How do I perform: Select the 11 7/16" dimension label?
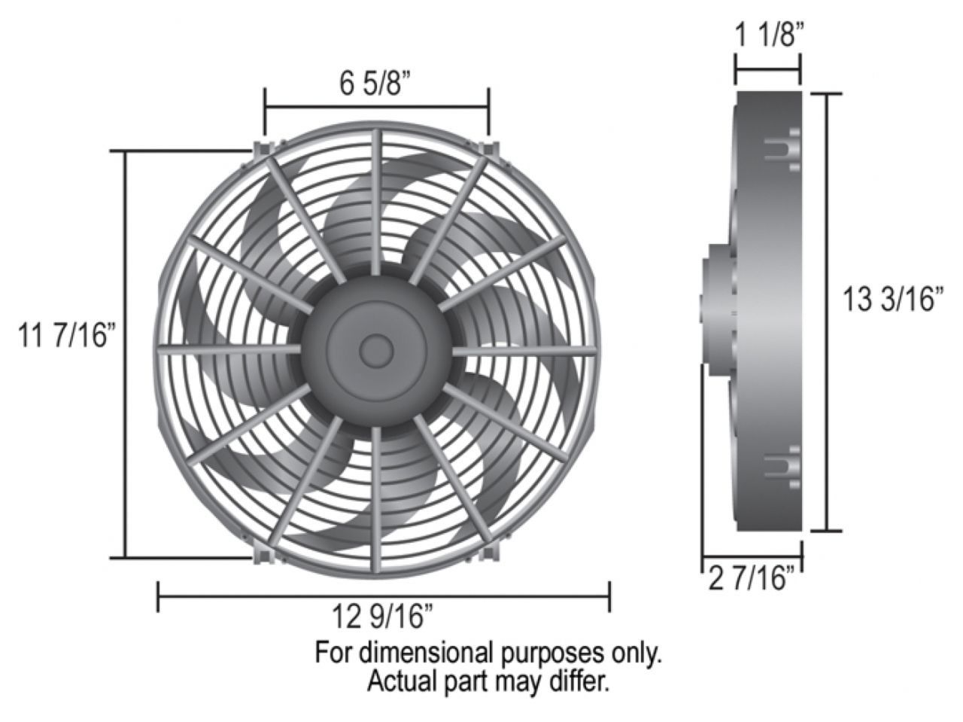pyautogui.click(x=68, y=335)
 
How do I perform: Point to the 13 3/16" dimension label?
pyautogui.click(x=893, y=300)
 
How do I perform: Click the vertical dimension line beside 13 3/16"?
pyautogui.click(x=828, y=312)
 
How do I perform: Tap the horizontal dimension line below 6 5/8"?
pyautogui.click(x=376, y=108)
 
